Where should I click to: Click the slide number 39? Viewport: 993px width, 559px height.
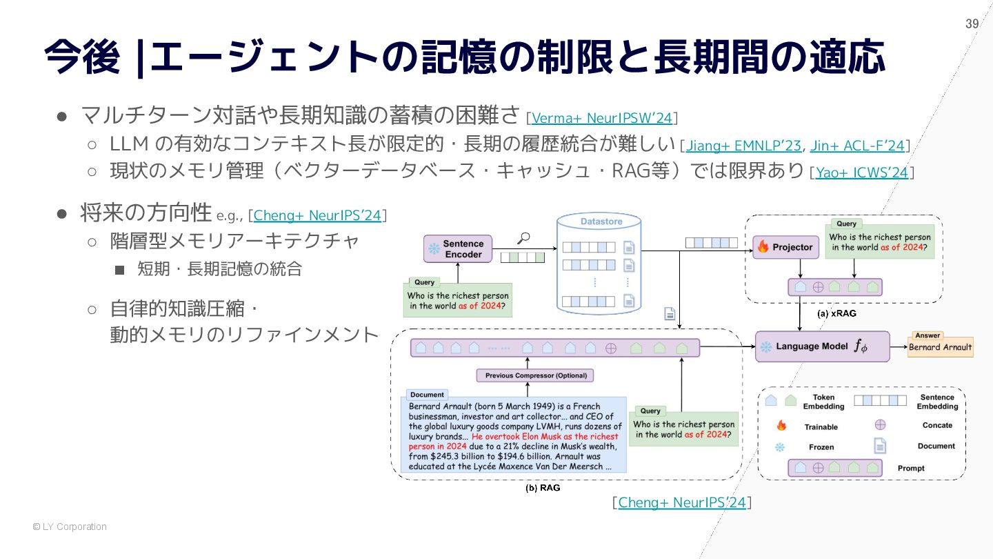[x=972, y=24]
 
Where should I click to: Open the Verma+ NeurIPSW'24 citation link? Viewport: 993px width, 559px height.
[x=601, y=118]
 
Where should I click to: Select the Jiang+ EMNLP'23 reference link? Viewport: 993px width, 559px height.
[x=743, y=146]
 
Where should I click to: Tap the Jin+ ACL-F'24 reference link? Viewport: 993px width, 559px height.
[x=857, y=146]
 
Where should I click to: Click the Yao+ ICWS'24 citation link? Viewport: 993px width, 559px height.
[x=862, y=173]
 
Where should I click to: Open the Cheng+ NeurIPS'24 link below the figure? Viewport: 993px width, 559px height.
[x=682, y=502]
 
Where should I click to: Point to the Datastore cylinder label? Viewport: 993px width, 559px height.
[x=601, y=222]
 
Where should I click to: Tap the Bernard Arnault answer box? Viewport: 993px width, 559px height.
[x=940, y=347]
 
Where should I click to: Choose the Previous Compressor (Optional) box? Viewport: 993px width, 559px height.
[x=535, y=376]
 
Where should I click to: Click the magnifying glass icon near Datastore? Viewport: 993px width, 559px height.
[x=523, y=239]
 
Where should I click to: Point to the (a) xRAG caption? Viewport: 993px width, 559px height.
[x=836, y=313]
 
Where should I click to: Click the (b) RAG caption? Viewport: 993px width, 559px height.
[x=543, y=488]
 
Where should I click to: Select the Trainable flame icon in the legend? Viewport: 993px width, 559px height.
[x=781, y=426]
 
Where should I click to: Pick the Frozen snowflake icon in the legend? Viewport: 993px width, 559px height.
[x=781, y=447]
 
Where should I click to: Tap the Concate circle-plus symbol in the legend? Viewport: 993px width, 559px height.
[x=880, y=425]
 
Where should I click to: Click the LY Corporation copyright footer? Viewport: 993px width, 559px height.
[x=70, y=527]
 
